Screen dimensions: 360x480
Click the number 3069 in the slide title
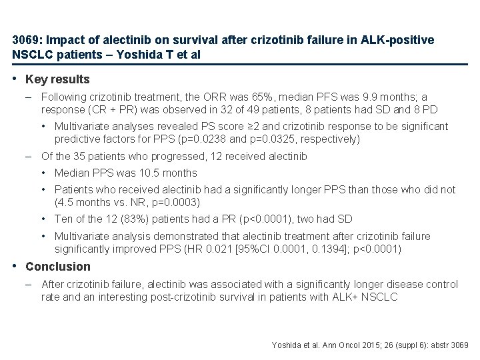(25, 41)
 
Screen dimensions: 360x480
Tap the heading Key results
(57, 79)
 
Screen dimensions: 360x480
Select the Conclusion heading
(58, 267)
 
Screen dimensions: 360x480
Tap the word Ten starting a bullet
(64, 219)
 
